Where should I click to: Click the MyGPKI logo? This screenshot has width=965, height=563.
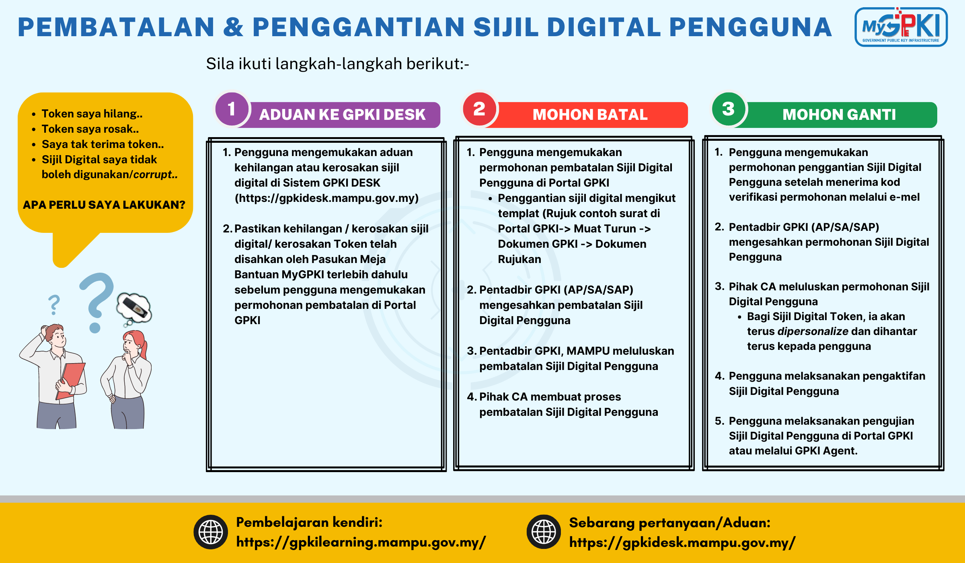pos(901,27)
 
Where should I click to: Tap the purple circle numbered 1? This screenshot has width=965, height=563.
pos(232,109)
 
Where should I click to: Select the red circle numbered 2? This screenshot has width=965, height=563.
pos(479,109)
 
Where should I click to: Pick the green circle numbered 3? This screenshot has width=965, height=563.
pos(728,109)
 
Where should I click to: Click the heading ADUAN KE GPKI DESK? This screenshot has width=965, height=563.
pos(342,115)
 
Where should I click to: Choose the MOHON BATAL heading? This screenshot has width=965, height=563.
pos(590,115)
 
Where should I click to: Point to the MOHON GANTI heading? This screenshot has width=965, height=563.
pos(839,115)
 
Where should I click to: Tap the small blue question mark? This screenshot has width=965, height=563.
pos(54,305)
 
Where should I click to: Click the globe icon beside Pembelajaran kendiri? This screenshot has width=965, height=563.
pos(211,532)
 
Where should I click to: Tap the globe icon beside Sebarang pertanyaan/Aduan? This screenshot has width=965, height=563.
pos(544,532)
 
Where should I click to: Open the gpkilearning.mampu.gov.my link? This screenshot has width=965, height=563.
pos(361,542)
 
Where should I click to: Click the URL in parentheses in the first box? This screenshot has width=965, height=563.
pos(326,198)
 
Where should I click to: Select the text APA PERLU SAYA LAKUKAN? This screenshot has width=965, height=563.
pos(104,205)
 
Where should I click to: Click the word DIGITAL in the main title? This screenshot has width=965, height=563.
pos(604,27)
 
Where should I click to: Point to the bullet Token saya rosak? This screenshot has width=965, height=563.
pos(90,129)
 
